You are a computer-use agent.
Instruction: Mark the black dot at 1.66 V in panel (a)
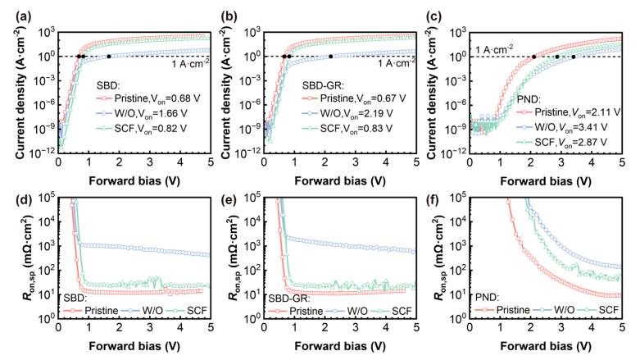pyautogui.click(x=109, y=57)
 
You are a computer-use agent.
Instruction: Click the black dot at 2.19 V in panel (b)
pyautogui.click(x=330, y=57)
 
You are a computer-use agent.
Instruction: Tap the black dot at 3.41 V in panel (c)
pyautogui.click(x=574, y=57)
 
